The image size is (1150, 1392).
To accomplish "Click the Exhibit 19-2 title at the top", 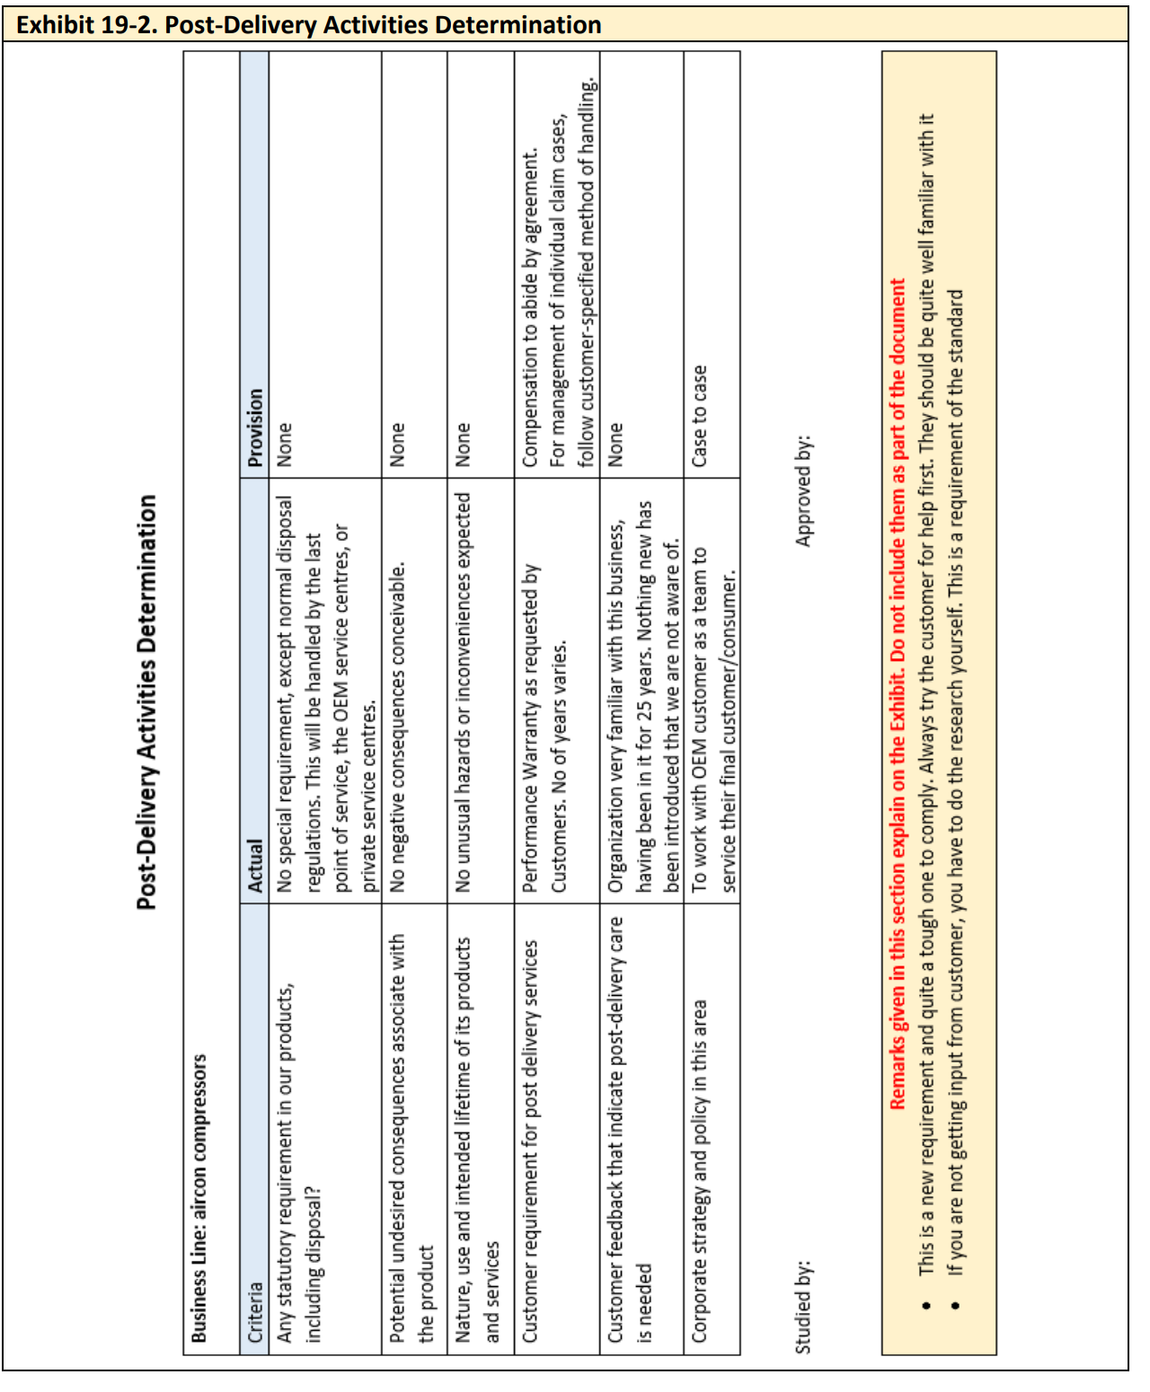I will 309,24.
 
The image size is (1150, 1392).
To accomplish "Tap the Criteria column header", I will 255,1311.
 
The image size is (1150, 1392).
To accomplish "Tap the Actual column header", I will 255,866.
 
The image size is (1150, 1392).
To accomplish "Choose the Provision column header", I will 255,427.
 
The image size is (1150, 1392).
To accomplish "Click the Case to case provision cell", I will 700,415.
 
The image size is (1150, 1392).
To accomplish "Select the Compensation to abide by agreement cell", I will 557,305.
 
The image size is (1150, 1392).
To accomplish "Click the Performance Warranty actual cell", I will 544,727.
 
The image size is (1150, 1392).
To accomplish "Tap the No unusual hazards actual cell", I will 464,692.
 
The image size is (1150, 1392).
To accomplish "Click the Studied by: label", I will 803,1307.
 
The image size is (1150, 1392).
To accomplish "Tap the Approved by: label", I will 803,490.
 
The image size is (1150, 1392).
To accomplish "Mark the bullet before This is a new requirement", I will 926,1305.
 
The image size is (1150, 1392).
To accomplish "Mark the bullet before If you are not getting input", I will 955,1305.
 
